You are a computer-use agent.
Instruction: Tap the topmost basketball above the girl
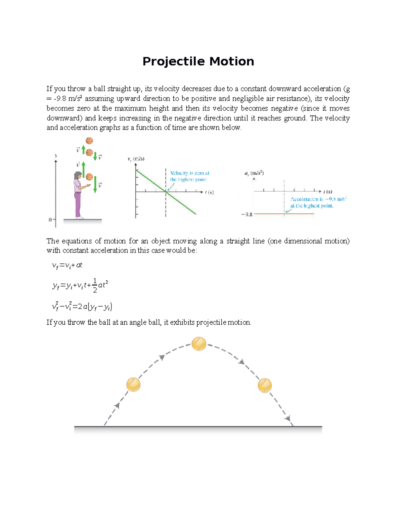point(89,141)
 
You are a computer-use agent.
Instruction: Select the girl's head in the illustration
point(78,176)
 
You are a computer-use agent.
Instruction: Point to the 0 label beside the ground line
point(50,219)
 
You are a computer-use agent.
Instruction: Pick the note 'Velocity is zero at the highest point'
point(189,176)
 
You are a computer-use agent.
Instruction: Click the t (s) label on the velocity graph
point(209,192)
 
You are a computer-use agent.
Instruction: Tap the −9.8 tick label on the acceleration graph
point(247,214)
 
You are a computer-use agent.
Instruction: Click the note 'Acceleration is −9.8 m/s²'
point(318,202)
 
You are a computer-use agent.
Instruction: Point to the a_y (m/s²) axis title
point(254,173)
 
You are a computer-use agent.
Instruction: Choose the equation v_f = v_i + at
point(67,265)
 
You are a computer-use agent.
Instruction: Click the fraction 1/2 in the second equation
point(95,286)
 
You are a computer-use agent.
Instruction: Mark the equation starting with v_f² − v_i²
point(82,307)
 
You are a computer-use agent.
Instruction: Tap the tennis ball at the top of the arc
point(199,344)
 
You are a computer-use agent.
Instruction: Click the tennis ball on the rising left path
point(133,385)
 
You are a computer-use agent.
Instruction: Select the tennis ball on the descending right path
point(265,385)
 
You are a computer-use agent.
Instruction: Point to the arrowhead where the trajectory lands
point(289,419)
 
